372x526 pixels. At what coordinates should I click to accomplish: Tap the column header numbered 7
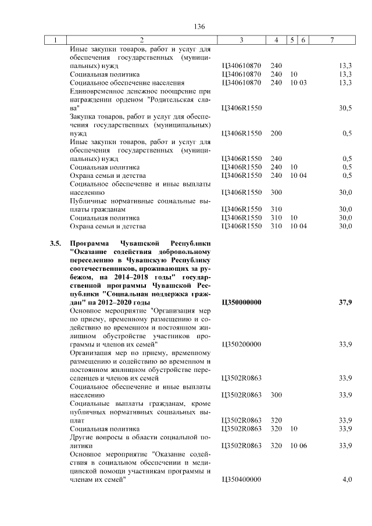point(332,40)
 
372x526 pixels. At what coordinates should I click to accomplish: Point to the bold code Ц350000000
point(241,303)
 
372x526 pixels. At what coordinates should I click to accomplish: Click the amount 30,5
point(345,108)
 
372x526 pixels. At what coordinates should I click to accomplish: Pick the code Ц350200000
point(241,345)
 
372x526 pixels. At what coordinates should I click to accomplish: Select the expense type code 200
point(276,133)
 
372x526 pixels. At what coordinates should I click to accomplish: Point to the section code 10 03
point(299,83)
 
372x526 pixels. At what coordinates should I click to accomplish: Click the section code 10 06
point(299,445)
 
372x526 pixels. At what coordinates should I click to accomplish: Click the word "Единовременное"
point(98,91)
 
